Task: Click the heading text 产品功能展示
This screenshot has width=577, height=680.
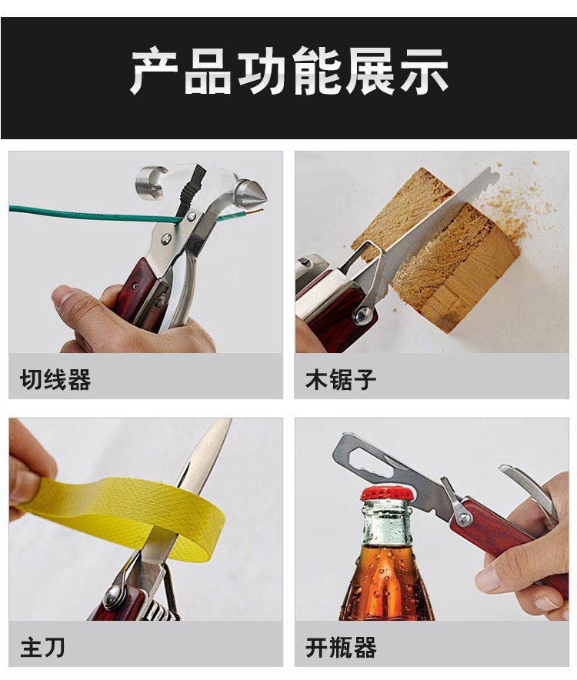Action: coord(288,72)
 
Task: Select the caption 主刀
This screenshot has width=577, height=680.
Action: coord(42,647)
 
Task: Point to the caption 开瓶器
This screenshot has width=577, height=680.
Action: coord(340,647)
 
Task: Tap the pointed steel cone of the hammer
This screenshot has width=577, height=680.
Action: coord(252,193)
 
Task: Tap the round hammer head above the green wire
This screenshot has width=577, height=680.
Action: coord(151,182)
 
